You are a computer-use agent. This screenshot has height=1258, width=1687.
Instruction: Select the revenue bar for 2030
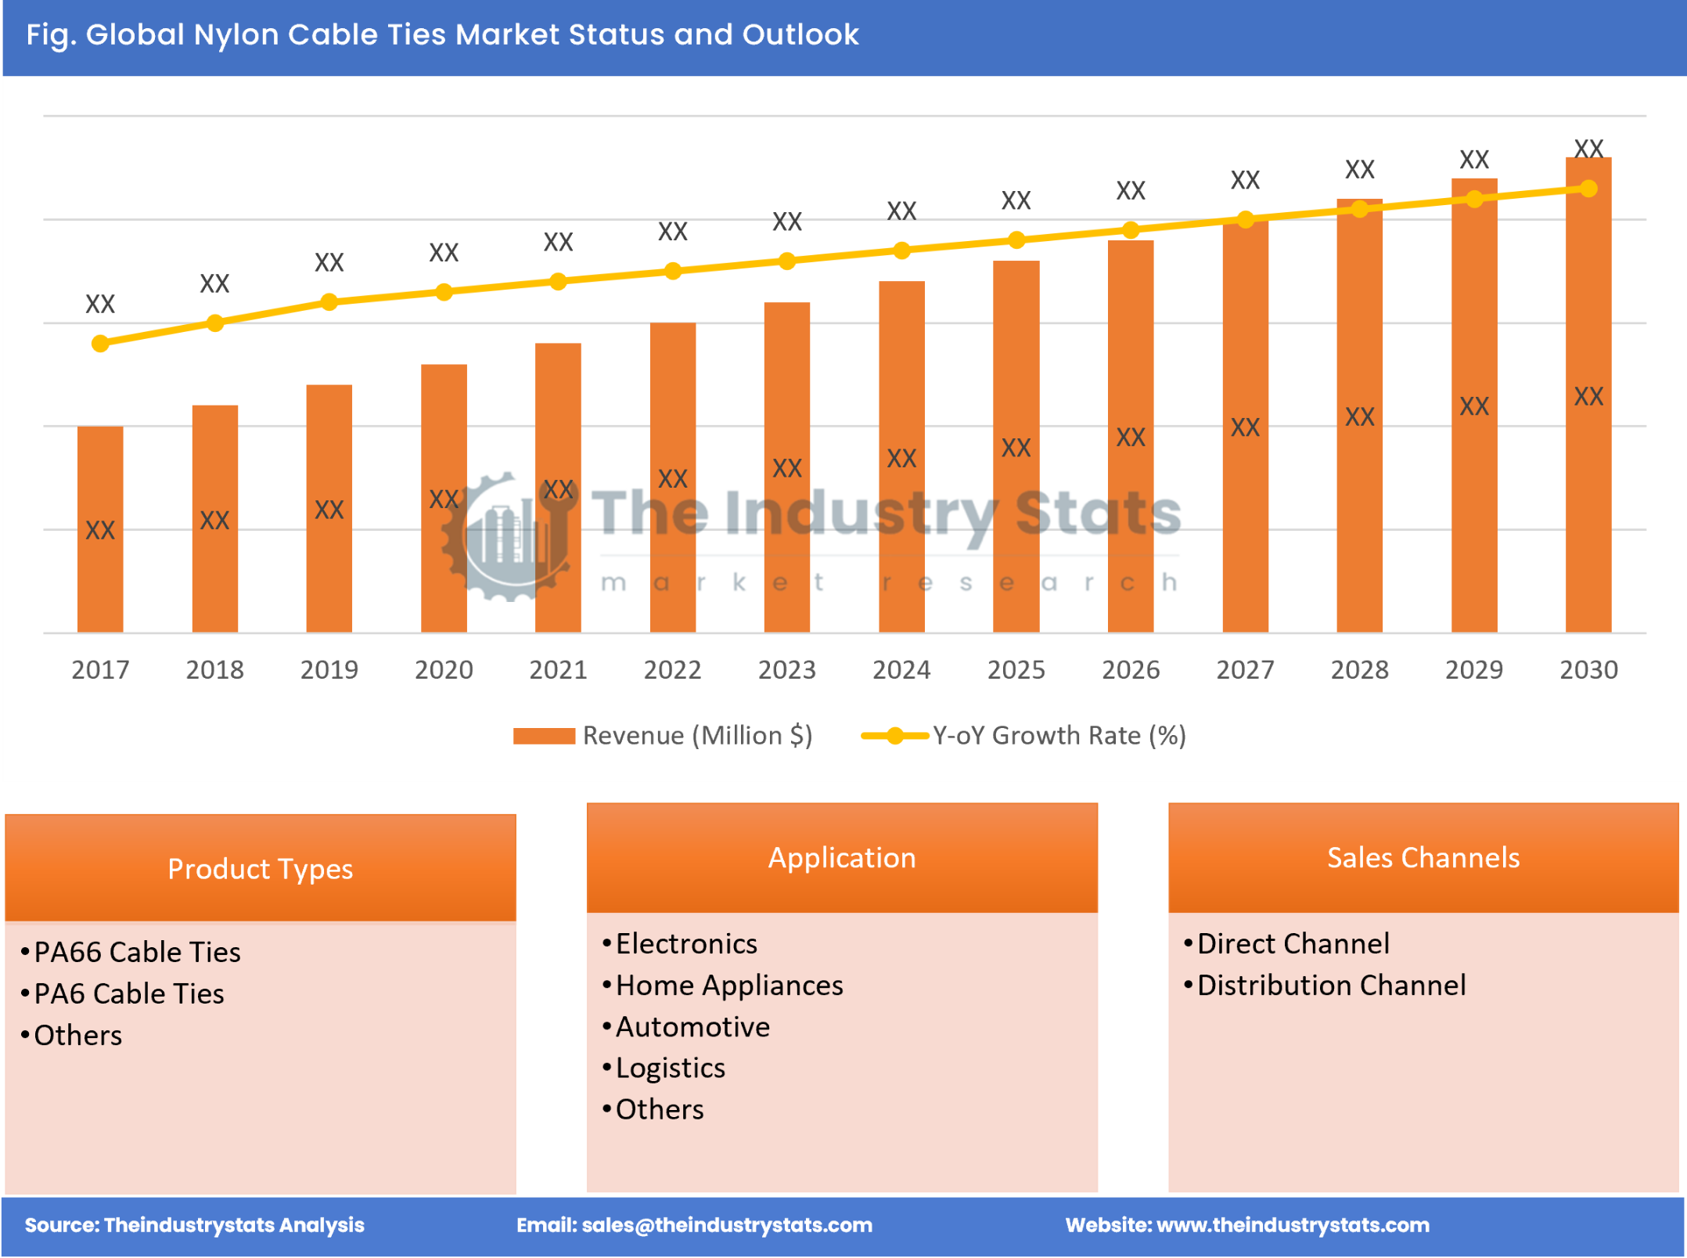pyautogui.click(x=1588, y=395)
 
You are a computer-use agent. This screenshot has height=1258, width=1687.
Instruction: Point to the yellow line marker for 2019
pyautogui.click(x=329, y=302)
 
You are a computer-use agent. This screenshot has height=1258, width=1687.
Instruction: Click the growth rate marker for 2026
pyautogui.click(x=1131, y=230)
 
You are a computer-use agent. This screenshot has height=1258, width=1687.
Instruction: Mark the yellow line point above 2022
pyautogui.click(x=673, y=272)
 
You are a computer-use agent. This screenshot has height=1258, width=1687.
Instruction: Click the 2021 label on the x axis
pyautogui.click(x=558, y=670)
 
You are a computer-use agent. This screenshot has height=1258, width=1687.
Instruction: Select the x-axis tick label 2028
pyautogui.click(x=1359, y=670)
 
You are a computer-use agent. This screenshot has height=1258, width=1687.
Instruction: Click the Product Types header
pyautogui.click(x=260, y=869)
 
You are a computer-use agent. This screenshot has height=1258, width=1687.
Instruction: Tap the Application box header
pyautogui.click(x=842, y=858)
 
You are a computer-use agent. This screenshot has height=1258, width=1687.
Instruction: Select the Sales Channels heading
pyautogui.click(x=1423, y=858)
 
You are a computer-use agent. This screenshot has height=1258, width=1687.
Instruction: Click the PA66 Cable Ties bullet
pyautogui.click(x=137, y=953)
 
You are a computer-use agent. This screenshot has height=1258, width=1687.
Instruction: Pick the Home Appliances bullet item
pyautogui.click(x=728, y=986)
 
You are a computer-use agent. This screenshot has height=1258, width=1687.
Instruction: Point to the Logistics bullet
pyautogui.click(x=670, y=1069)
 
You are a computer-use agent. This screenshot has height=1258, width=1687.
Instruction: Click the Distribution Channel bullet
pyautogui.click(x=1331, y=986)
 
